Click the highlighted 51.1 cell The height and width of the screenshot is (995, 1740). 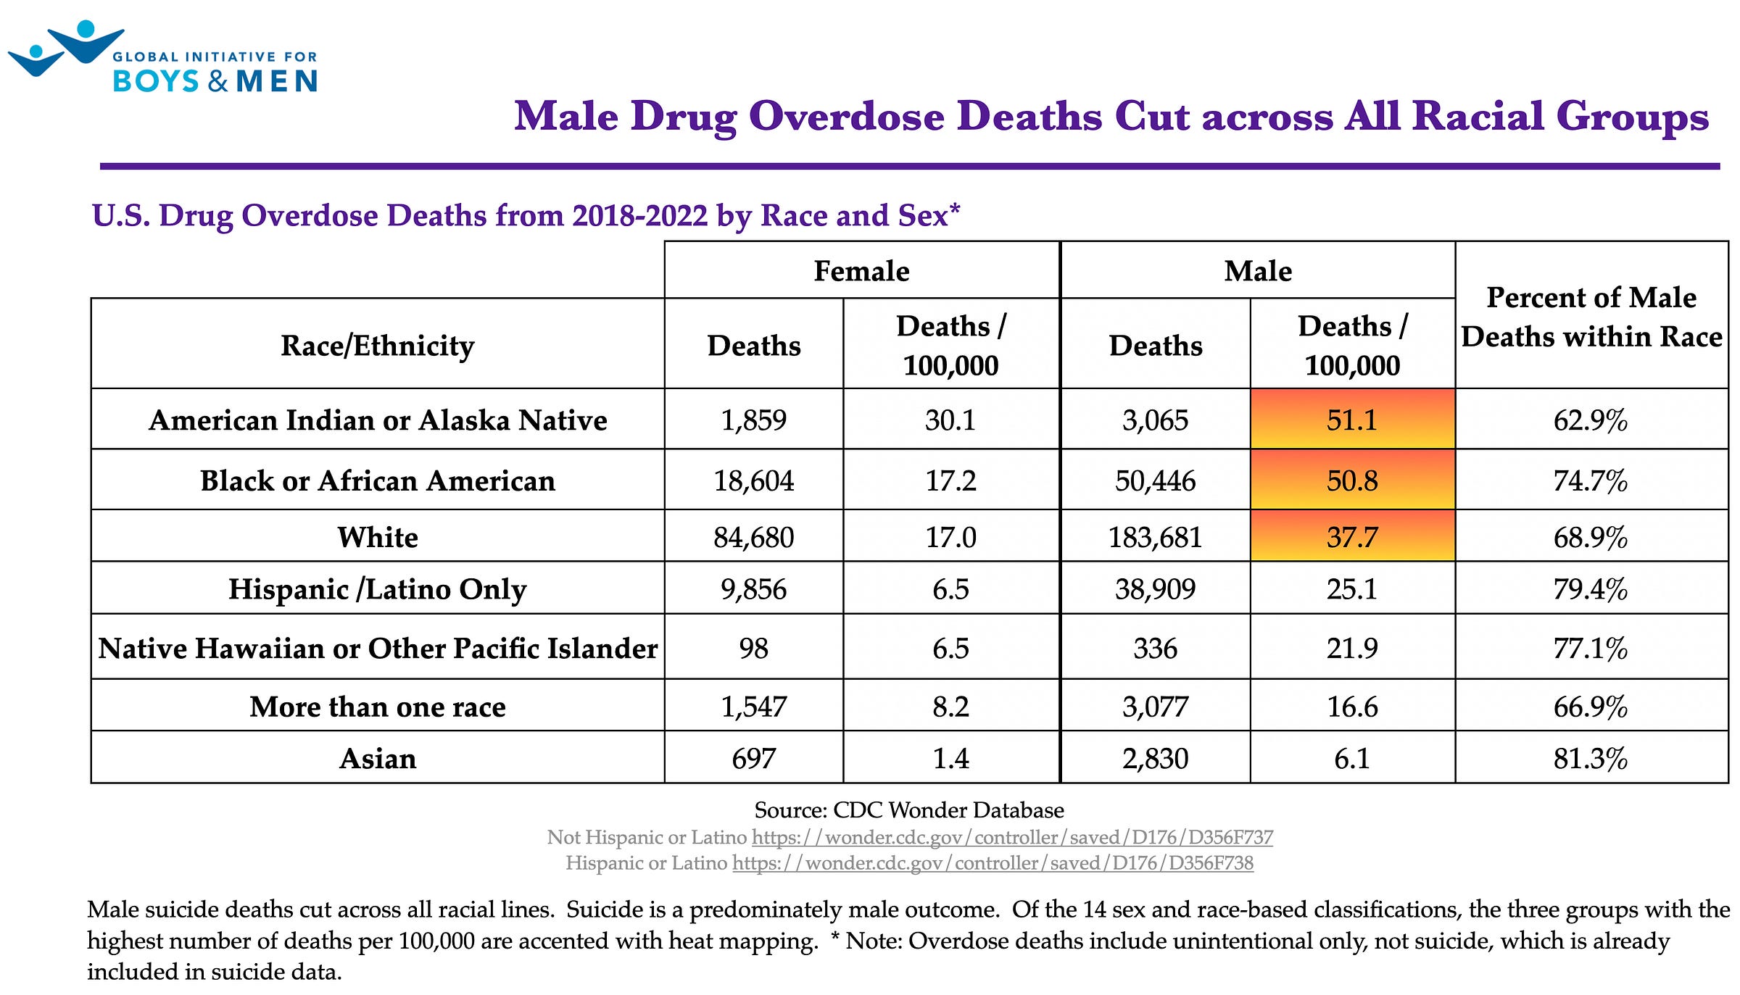click(1352, 419)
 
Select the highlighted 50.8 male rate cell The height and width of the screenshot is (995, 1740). click(1352, 480)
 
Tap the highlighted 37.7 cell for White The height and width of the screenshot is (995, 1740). click(1352, 536)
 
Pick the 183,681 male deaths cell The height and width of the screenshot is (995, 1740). click(1155, 536)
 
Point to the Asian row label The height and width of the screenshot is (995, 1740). click(378, 758)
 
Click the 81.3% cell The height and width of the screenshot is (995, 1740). click(1591, 758)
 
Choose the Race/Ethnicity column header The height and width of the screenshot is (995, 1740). click(378, 345)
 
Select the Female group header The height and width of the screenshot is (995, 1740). click(862, 270)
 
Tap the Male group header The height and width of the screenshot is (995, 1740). click(1258, 270)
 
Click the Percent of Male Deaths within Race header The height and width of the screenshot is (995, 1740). click(1591, 317)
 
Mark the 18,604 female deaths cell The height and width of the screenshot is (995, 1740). click(754, 480)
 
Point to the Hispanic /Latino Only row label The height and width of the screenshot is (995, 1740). click(378, 589)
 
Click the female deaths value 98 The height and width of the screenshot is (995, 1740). click(754, 647)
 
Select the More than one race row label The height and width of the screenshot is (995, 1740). click(378, 706)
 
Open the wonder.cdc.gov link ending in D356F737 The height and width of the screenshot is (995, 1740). click(1012, 837)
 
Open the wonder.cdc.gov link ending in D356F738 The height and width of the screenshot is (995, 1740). click(993, 862)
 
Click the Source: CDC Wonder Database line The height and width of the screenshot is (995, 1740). click(909, 809)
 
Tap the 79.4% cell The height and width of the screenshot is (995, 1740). click(1591, 588)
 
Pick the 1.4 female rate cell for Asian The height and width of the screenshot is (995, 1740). click(951, 758)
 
